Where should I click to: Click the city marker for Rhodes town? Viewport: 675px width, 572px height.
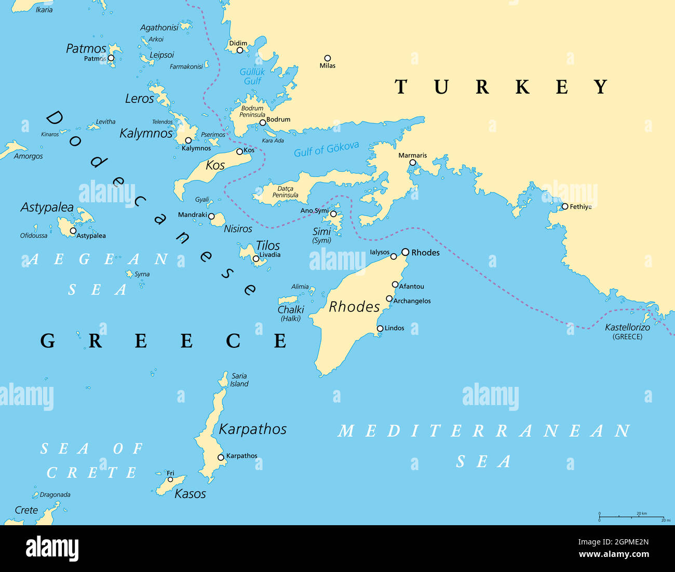tap(405, 252)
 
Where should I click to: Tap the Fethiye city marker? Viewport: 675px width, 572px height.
tap(564, 206)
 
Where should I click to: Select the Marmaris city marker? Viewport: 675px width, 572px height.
tap(412, 163)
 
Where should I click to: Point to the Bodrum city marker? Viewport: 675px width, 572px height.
tap(263, 123)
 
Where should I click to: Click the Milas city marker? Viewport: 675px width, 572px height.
tap(327, 58)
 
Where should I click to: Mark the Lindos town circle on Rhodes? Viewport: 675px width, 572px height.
tap(380, 328)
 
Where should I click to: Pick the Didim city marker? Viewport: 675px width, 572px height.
tap(239, 50)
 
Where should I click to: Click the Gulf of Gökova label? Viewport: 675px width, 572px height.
tap(326, 150)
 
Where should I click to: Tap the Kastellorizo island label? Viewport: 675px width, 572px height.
tap(627, 328)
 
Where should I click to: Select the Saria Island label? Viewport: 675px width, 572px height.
tap(239, 380)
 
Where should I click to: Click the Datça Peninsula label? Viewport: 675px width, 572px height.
tap(285, 192)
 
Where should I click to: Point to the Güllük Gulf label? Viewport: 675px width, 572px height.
tap(252, 76)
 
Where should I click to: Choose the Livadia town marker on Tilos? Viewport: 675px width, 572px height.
tap(255, 258)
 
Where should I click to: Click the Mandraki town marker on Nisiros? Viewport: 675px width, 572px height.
tap(211, 216)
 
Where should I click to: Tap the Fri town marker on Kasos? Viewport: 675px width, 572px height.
tap(170, 479)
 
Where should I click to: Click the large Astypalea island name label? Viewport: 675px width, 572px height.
tap(47, 207)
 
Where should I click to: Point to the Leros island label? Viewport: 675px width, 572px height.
tap(139, 98)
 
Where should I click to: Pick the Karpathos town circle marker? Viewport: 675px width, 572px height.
tap(221, 457)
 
